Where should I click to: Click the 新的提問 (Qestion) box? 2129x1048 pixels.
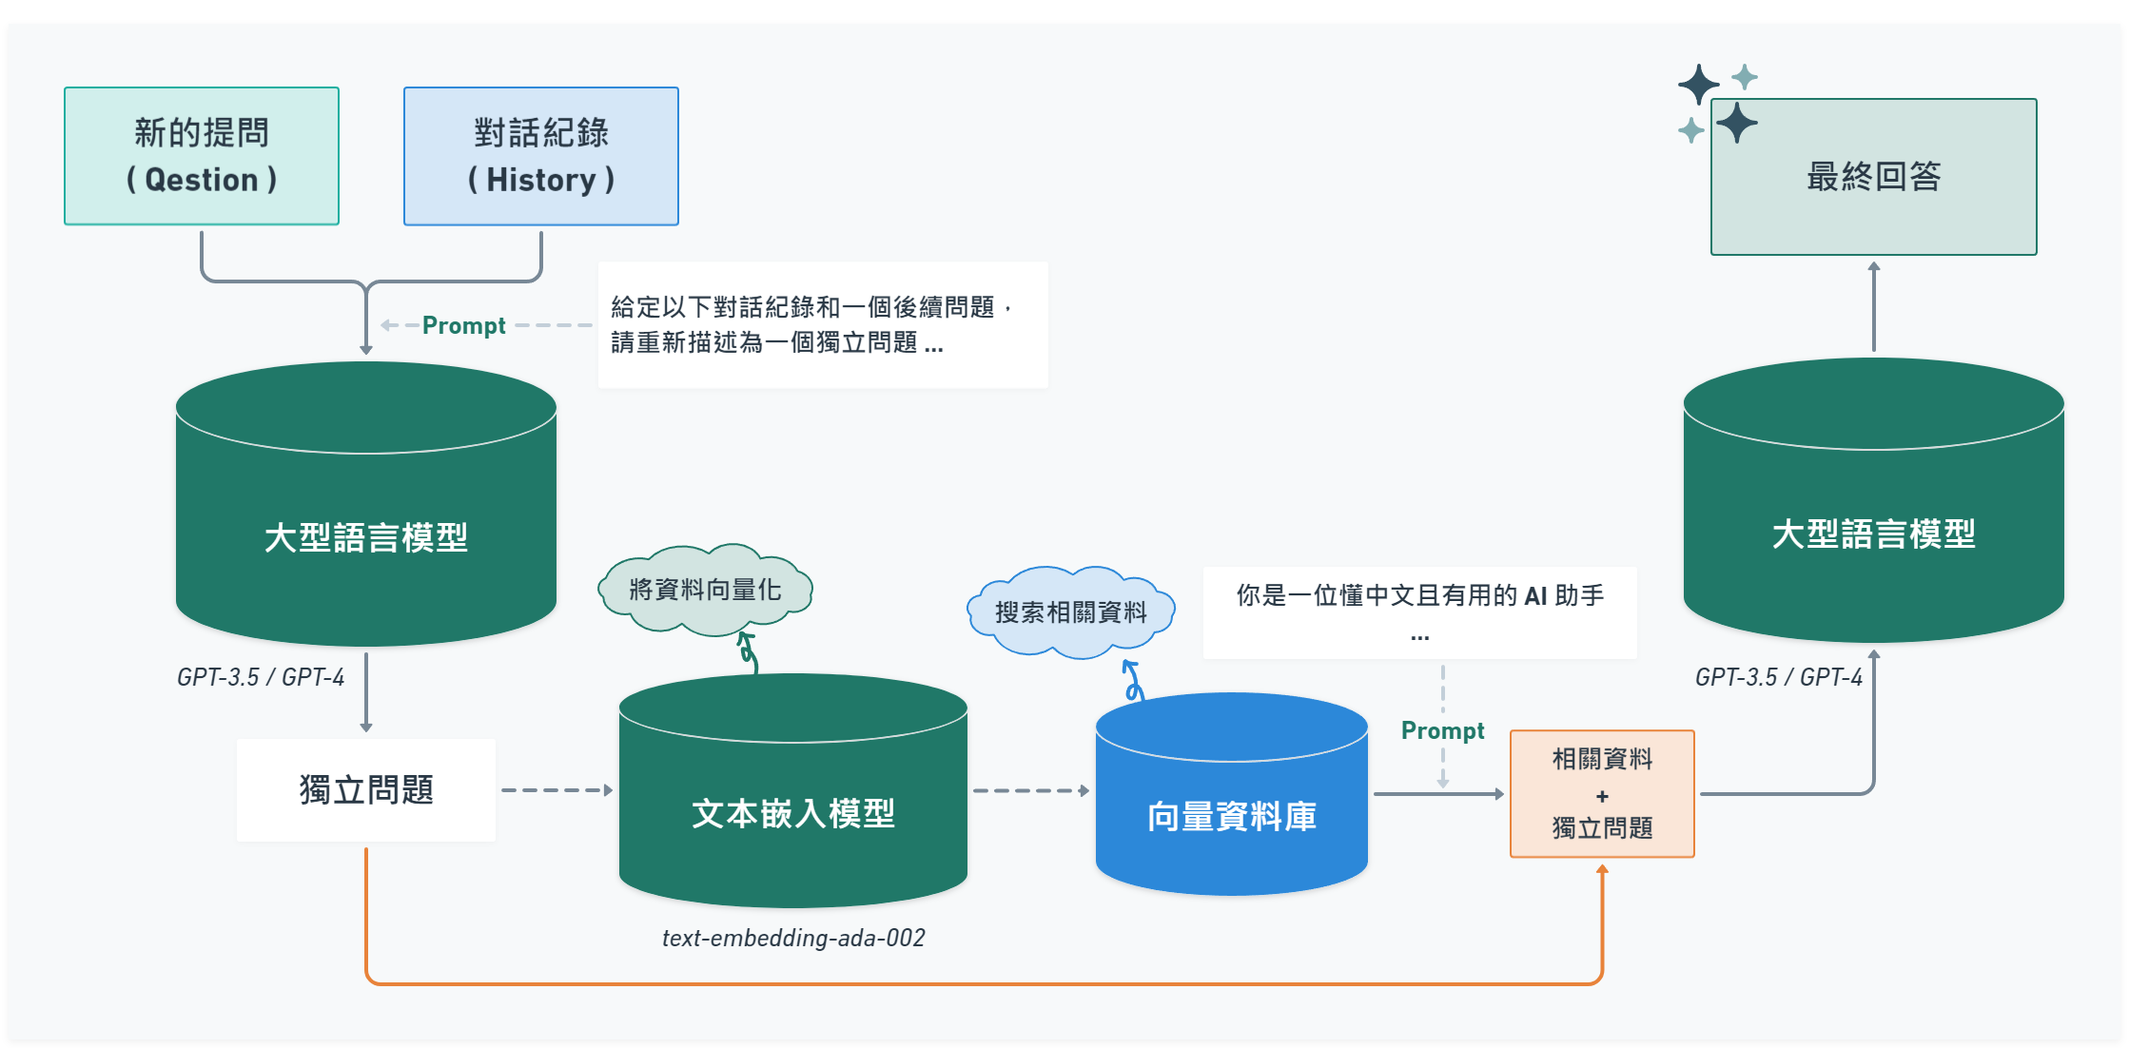[x=202, y=156]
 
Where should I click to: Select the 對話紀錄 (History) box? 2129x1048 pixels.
[x=540, y=156]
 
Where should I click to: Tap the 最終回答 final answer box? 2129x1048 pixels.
[x=1873, y=177]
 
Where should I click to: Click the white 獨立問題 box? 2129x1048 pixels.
[x=366, y=790]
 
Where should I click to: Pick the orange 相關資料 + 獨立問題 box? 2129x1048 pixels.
[x=1602, y=794]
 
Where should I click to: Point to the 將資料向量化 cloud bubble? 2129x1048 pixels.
[x=705, y=590]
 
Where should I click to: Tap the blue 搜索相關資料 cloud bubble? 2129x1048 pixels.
[x=1070, y=612]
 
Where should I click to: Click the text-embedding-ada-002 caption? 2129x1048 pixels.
[x=793, y=939]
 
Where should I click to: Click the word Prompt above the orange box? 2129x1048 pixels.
[x=1442, y=730]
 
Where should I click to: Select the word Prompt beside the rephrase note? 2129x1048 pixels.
[x=463, y=325]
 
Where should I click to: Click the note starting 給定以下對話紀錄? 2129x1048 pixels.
[x=822, y=324]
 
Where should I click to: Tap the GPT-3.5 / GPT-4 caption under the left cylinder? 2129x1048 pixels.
[x=261, y=677]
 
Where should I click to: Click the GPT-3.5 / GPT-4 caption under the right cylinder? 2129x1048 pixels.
[x=1778, y=677]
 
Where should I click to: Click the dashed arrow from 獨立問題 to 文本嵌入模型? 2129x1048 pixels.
[x=557, y=790]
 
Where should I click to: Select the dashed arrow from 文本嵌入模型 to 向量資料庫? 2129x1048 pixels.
[x=1030, y=790]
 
